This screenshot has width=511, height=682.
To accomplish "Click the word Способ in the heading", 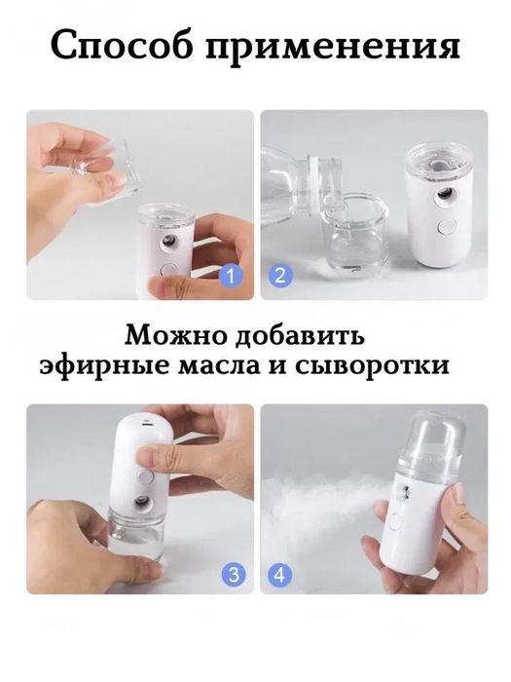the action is tap(122, 46).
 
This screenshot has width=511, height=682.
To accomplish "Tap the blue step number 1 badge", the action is tap(231, 276).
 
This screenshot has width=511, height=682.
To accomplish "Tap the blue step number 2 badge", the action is tap(280, 276).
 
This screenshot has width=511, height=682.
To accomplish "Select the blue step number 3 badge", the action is tap(234, 575).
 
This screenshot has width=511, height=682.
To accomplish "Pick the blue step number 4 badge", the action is tap(280, 575).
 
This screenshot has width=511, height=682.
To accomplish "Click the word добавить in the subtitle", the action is tap(300, 336).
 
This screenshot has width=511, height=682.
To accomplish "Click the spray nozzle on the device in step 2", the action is tap(444, 195).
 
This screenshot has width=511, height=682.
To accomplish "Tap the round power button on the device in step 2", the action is tap(447, 227).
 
